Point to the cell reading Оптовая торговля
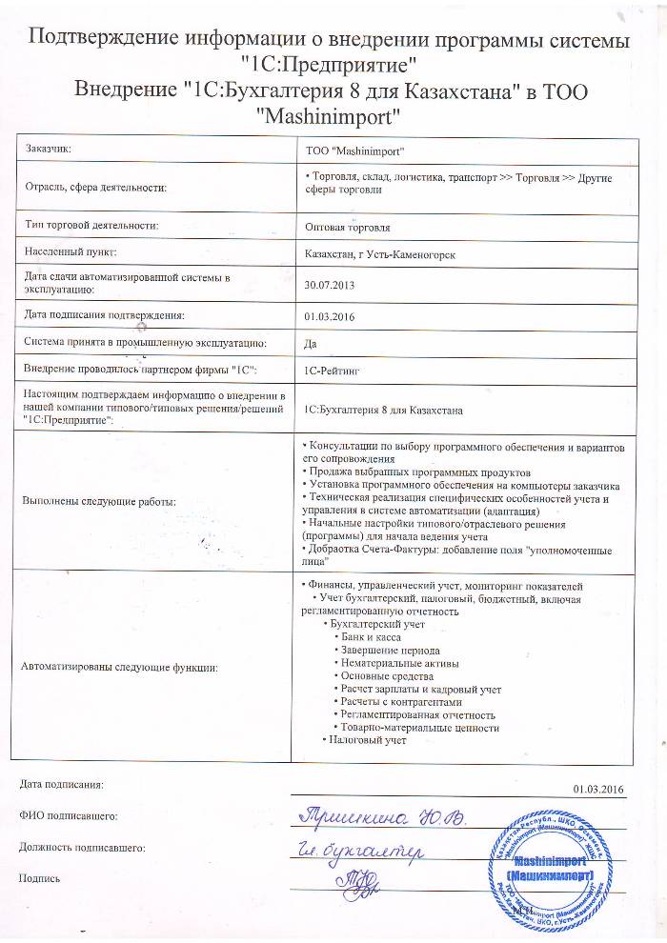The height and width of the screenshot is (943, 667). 347,229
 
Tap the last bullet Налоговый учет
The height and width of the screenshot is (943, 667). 368,739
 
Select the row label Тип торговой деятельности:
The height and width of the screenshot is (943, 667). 91,226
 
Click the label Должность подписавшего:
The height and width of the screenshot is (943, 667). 82,847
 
